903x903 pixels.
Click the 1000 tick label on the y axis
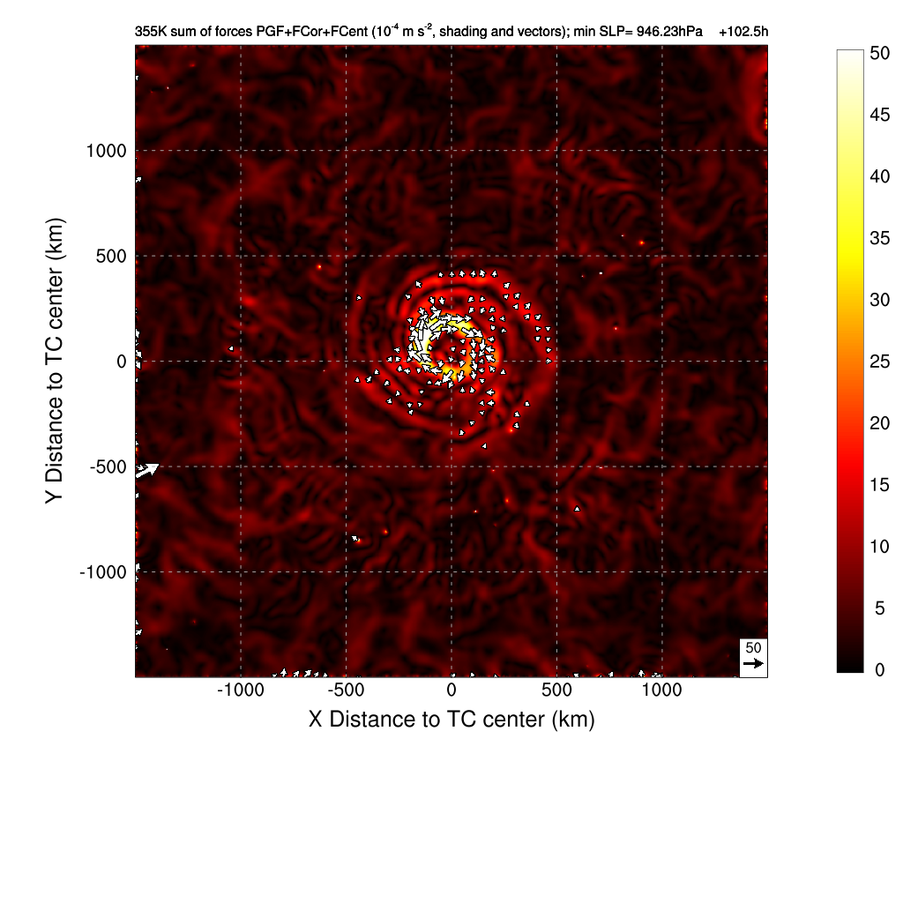[106, 151]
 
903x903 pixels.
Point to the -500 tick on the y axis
[135, 466]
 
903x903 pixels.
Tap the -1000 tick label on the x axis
[241, 690]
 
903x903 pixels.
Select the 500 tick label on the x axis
[556, 690]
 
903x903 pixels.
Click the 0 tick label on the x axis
[451, 690]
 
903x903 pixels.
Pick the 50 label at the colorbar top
[879, 52]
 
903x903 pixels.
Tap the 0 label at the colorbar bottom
[875, 670]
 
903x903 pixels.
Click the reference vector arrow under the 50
[753, 663]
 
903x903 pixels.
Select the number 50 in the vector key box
[753, 647]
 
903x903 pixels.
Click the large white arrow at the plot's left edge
[146, 469]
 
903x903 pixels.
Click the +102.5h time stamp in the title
[743, 32]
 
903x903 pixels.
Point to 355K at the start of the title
[150, 32]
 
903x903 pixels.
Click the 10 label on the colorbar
[879, 547]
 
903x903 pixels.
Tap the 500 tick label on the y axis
[112, 257]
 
